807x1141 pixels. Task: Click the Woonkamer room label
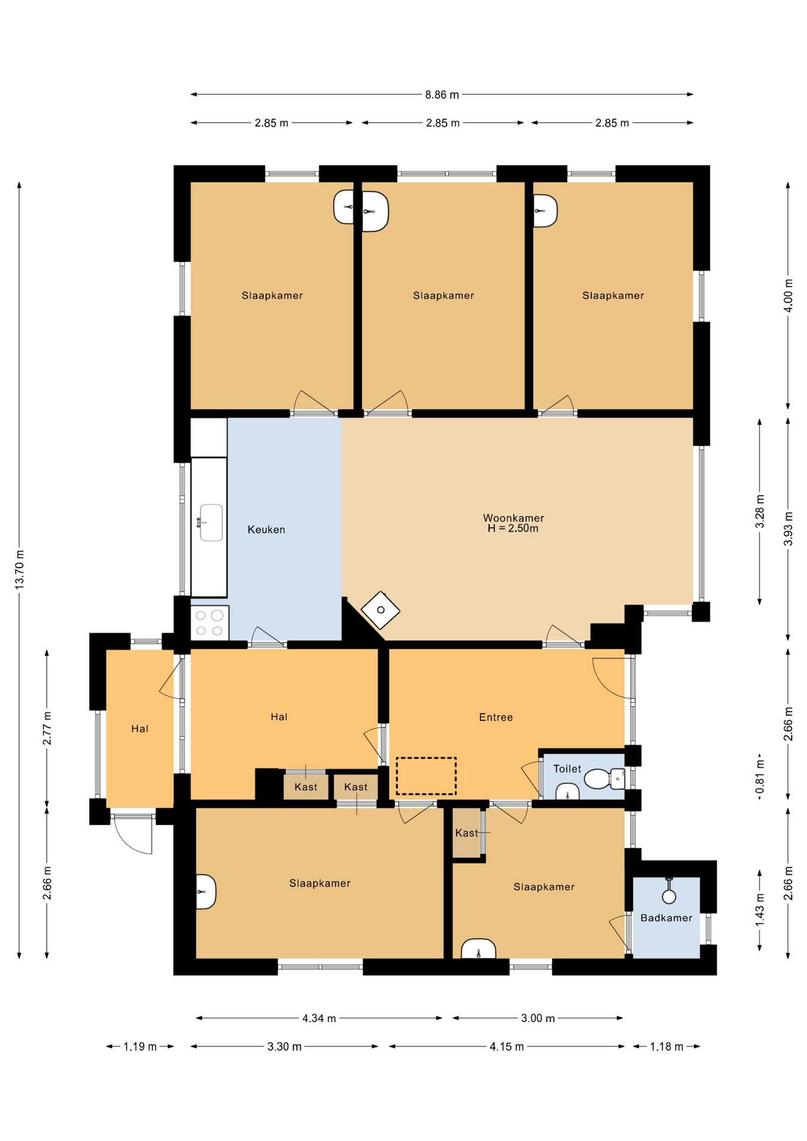point(513,518)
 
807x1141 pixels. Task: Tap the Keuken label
point(266,529)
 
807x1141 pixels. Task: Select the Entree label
point(496,717)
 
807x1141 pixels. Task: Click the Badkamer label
point(666,918)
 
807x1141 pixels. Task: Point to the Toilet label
point(567,769)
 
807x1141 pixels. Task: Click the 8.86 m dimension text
point(442,94)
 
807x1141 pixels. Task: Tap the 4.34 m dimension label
point(319,1019)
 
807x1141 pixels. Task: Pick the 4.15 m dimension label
point(507,1047)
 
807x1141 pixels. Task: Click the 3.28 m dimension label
point(759,512)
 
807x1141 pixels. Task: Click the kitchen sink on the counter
point(210,522)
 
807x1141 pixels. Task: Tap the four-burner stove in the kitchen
point(210,623)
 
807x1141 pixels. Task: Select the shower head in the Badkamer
point(669,891)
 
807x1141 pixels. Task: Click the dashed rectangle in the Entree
point(426,776)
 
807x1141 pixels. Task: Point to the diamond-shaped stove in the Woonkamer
point(380,610)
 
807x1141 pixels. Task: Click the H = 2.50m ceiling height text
point(513,529)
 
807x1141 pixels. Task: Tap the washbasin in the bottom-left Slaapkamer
point(206,891)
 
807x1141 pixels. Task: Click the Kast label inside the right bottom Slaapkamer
point(466,833)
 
